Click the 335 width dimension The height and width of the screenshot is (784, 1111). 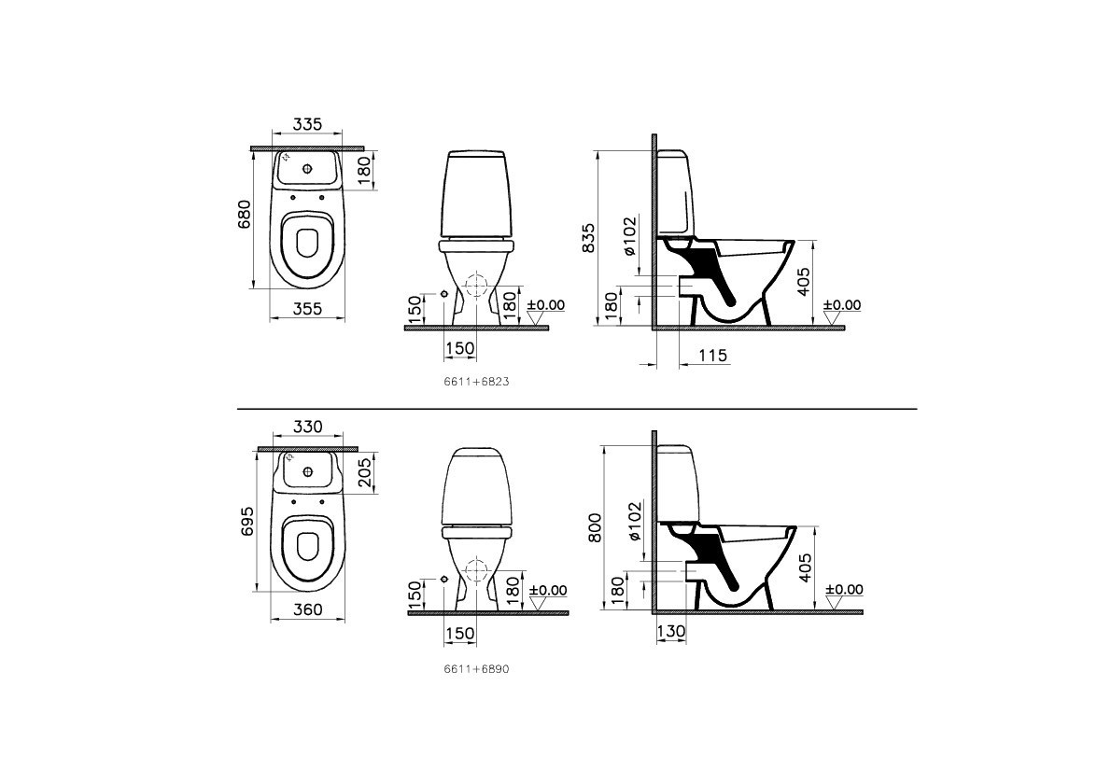click(307, 125)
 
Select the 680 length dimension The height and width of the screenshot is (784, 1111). click(244, 215)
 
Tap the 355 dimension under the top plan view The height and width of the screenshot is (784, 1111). click(307, 309)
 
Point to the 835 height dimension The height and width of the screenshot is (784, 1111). click(587, 238)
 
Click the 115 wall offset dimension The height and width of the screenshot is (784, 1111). click(712, 355)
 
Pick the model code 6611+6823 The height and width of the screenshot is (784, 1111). click(476, 381)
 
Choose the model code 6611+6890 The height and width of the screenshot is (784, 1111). click(476, 668)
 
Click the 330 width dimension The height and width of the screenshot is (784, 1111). click(307, 427)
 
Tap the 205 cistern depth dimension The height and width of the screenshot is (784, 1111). click(365, 471)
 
